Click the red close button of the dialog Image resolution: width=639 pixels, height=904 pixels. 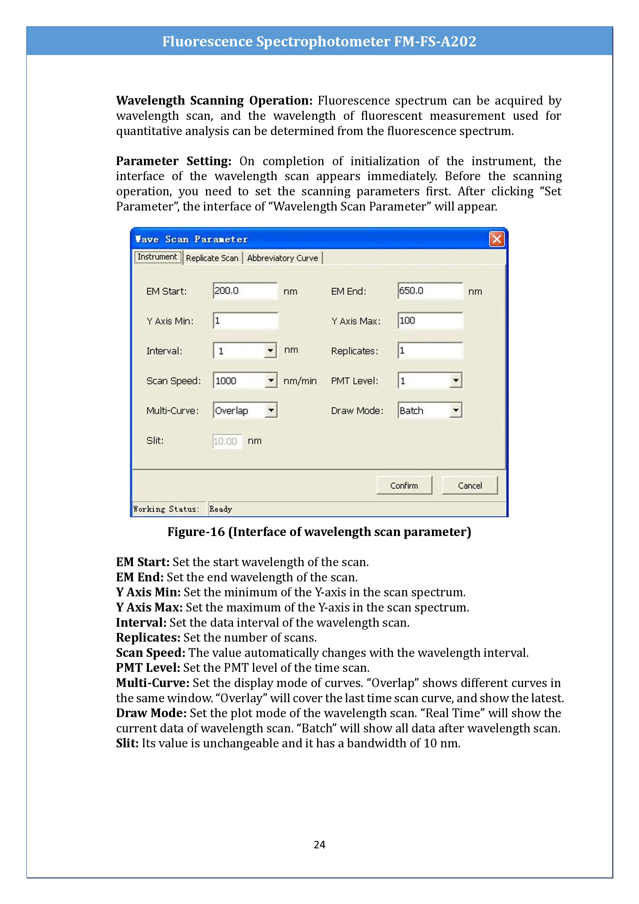coord(497,239)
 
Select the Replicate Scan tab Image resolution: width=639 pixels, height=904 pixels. coord(212,258)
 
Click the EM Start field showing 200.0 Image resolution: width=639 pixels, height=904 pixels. coord(245,291)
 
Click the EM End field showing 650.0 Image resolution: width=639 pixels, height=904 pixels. coord(430,291)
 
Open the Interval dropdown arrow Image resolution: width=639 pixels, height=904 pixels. coord(270,350)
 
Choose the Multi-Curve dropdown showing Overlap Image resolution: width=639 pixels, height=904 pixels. coord(245,410)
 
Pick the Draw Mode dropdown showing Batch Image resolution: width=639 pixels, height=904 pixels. coord(430,410)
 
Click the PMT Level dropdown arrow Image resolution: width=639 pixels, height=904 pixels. coord(456,380)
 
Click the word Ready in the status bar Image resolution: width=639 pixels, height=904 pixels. coord(220,509)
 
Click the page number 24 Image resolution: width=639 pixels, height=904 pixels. coord(319,844)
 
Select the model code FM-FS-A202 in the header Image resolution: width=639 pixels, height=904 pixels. coord(435,41)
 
